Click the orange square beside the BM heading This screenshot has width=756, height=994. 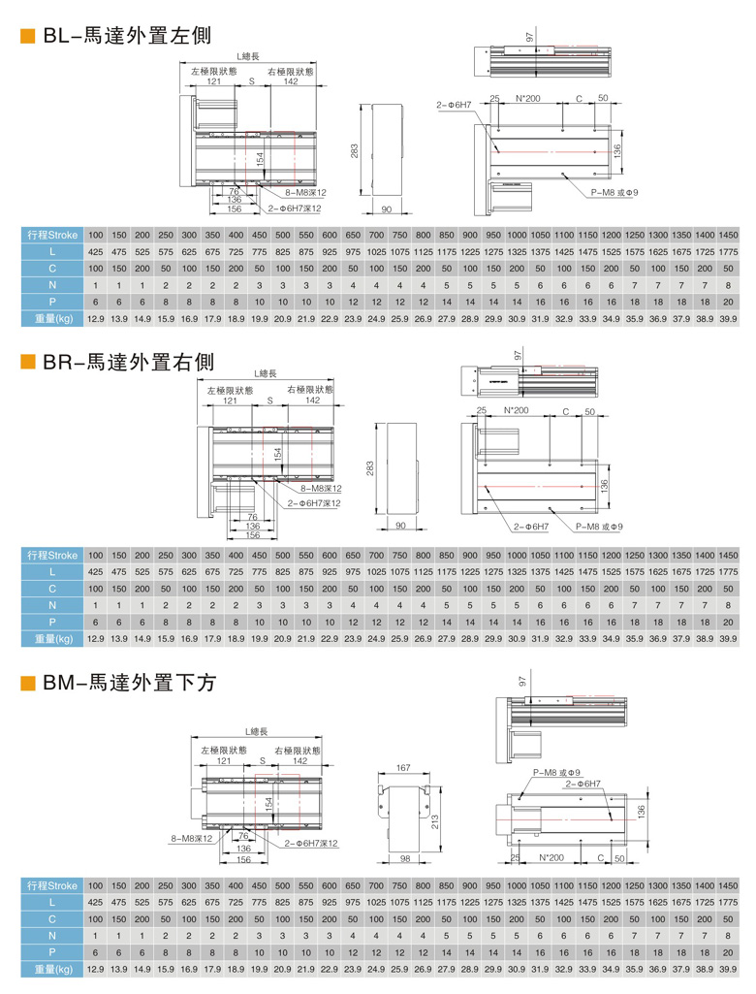point(28,685)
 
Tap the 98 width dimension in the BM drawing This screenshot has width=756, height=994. point(406,859)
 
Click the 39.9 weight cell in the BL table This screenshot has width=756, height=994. point(729,318)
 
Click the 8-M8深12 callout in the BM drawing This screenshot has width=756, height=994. point(189,837)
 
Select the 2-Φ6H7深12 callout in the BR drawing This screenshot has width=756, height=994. point(312,503)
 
